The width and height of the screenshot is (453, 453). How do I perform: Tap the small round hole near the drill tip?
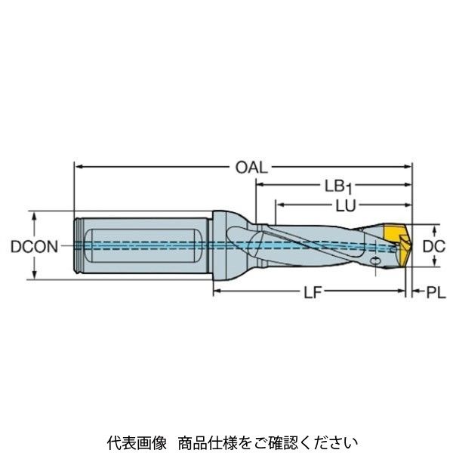[376, 261]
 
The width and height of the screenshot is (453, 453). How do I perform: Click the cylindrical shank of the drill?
[143, 245]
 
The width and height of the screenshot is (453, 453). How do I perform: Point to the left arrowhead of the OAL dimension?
[78, 165]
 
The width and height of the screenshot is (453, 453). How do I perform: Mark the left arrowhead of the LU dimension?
[279, 205]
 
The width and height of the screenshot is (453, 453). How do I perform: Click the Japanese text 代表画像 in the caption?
[126, 440]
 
